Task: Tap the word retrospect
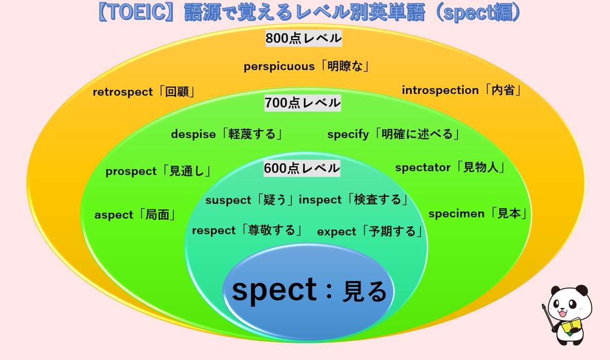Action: [123, 92]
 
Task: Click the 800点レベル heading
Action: [303, 39]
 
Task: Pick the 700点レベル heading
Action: [302, 103]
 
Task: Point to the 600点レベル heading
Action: [302, 168]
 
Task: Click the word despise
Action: [194, 135]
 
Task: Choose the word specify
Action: [348, 135]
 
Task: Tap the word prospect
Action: [131, 172]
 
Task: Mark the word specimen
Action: [456, 214]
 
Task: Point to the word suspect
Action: [228, 200]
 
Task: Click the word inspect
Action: [320, 200]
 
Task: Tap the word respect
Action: [213, 231]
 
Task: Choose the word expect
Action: [337, 232]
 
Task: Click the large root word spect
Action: [274, 291]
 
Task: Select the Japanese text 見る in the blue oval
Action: [365, 292]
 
